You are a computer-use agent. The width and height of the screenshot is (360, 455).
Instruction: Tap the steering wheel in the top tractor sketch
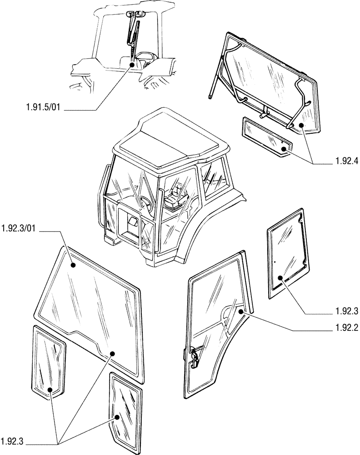[x=145, y=56]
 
